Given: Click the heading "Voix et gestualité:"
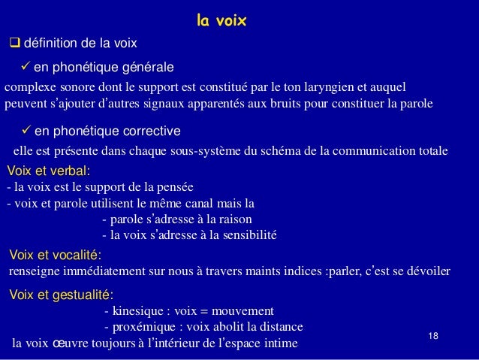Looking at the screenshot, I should (60, 294).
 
